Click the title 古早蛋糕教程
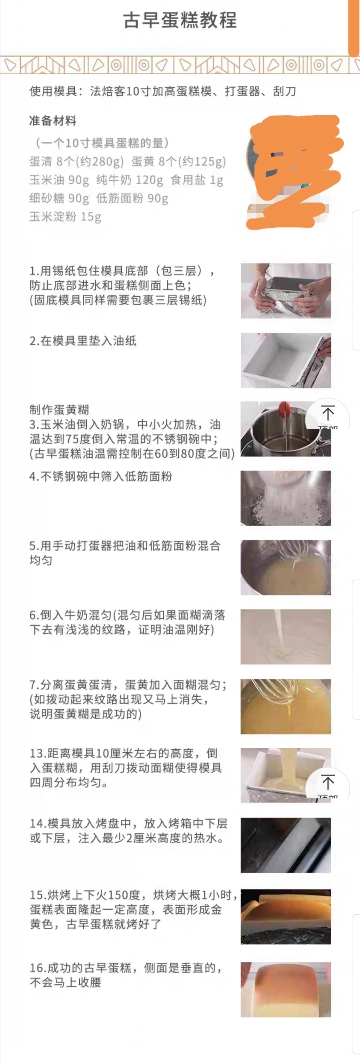tap(180, 20)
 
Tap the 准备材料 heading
tap(53, 121)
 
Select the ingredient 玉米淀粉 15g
tap(65, 217)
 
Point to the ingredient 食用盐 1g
tap(197, 180)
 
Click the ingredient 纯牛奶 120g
tap(129, 180)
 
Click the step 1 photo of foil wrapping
tap(286, 291)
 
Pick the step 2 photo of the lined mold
tap(286, 360)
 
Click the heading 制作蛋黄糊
tap(59, 410)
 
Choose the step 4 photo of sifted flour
tap(286, 498)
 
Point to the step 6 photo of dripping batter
tap(286, 637)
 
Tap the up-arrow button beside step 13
tap(328, 784)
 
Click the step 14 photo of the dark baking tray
tap(286, 845)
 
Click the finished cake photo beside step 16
tap(286, 989)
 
